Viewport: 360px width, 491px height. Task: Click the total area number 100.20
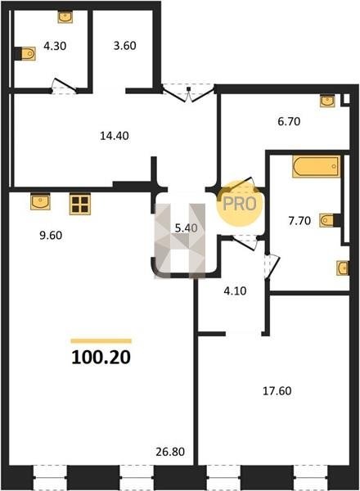coord(101,358)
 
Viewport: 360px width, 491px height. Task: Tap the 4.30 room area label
coord(55,46)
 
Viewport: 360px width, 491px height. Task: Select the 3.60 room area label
coord(124,46)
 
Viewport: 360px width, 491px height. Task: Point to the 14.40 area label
coord(115,136)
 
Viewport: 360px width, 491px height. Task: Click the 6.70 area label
coord(289,121)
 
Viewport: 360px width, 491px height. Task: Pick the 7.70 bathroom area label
coord(299,221)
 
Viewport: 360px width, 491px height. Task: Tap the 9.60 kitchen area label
coord(51,235)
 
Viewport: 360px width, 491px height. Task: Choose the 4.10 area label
coord(235,291)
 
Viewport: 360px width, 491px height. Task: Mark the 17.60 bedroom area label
coord(277,391)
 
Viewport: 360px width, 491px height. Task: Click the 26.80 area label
coord(170,452)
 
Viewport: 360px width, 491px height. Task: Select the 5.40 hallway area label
coord(186,228)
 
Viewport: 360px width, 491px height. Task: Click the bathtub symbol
coord(316,167)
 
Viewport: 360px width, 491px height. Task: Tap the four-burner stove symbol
coord(80,204)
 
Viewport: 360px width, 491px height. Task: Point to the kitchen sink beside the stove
coord(40,201)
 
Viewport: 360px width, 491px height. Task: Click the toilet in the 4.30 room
coord(25,53)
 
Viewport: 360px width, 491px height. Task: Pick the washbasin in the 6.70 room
coord(327,101)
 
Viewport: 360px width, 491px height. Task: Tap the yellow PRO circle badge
coord(240,204)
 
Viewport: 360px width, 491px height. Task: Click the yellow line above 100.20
coord(101,341)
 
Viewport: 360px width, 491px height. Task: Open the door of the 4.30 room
coord(65,86)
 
